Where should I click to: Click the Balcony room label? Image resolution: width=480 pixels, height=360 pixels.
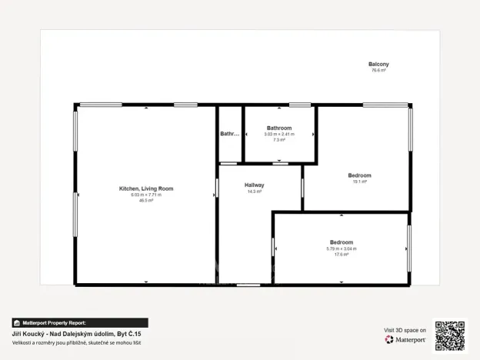(x=378, y=64)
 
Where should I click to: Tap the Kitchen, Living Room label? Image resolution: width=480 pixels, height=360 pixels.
(x=146, y=188)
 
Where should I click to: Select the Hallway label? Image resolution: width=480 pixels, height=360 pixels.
(x=255, y=185)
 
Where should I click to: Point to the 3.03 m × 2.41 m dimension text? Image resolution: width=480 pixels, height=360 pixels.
(x=278, y=134)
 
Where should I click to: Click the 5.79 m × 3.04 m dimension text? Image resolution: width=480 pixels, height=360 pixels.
(x=342, y=248)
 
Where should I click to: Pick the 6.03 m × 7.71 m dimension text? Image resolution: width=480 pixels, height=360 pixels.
(x=146, y=195)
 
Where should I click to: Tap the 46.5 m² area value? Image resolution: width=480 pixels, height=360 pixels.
(x=146, y=200)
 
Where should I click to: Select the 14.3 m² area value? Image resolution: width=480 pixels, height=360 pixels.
(x=255, y=192)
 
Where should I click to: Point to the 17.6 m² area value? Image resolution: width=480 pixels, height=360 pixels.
(x=342, y=254)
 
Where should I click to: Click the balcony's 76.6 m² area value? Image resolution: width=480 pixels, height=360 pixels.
(x=378, y=70)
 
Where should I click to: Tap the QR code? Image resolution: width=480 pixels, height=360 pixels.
(x=449, y=335)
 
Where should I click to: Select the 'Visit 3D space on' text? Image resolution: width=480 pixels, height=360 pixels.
(x=405, y=329)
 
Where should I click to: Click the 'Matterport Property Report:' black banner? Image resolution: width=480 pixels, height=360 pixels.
(x=80, y=323)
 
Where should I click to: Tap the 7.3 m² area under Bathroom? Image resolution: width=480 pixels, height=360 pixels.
(x=278, y=140)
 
